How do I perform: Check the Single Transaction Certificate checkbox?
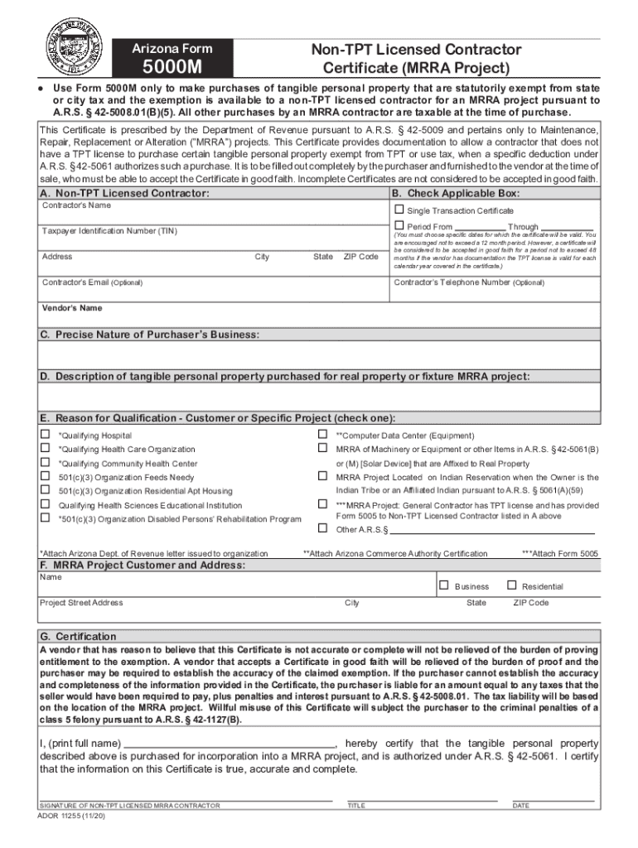tap(399, 210)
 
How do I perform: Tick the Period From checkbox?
tap(399, 225)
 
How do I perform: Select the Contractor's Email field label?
tap(92, 282)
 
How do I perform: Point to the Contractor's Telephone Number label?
tap(469, 282)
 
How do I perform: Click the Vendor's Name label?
tap(72, 308)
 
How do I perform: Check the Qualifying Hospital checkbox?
tap(46, 434)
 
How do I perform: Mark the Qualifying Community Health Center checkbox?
tap(46, 462)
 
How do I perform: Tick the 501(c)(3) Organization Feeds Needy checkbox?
tap(46, 476)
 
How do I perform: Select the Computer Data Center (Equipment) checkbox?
tap(323, 434)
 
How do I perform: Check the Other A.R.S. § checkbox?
tap(323, 528)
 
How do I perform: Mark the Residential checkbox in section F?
tap(511, 585)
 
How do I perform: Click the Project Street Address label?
tap(81, 603)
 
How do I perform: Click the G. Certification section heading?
tap(78, 636)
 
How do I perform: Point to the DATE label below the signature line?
tap(521, 805)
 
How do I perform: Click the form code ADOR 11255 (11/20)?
tap(72, 815)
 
